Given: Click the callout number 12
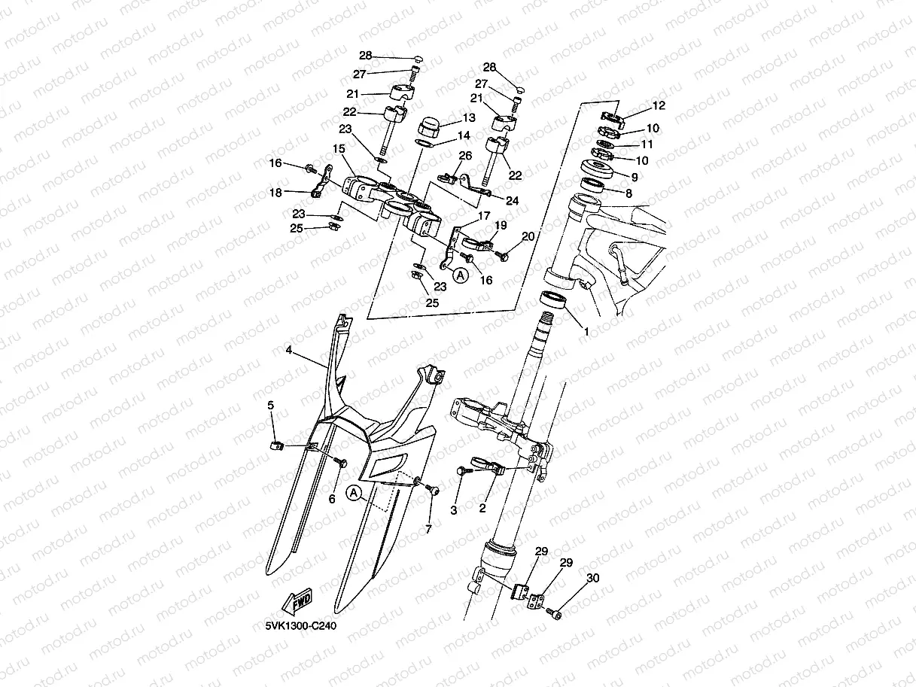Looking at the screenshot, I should click(x=659, y=105).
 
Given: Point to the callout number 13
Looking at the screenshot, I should click(x=469, y=118).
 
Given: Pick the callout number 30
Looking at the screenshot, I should click(x=593, y=578).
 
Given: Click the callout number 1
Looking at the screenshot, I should click(x=587, y=331).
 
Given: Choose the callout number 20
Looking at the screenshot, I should click(x=528, y=236).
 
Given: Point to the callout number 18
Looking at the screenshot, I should click(x=277, y=193).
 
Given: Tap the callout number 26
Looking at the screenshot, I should click(x=465, y=156).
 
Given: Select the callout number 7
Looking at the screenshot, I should click(x=428, y=529).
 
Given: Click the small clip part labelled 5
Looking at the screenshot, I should click(x=275, y=445).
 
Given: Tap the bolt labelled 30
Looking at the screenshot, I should click(x=555, y=615).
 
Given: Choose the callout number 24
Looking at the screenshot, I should click(x=512, y=201).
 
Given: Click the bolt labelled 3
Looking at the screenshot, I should click(x=461, y=471).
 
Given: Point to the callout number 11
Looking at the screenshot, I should click(x=646, y=144).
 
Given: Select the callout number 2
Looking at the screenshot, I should click(x=482, y=508).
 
